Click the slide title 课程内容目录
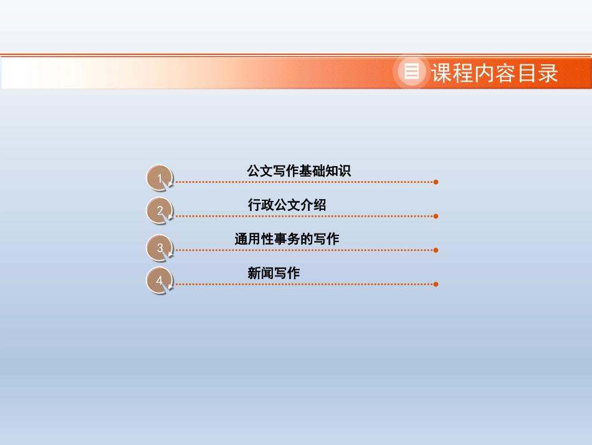[494, 73]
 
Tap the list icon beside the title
[411, 72]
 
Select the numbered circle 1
[160, 178]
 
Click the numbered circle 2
[160, 211]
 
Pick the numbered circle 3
[160, 248]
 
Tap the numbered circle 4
[160, 280]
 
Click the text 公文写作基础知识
[299, 171]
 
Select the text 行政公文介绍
[287, 205]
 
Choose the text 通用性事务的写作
[287, 238]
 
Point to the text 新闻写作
[274, 273]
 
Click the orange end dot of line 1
[436, 182]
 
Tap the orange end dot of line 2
[436, 216]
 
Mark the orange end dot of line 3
[436, 250]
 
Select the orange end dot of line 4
[436, 284]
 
